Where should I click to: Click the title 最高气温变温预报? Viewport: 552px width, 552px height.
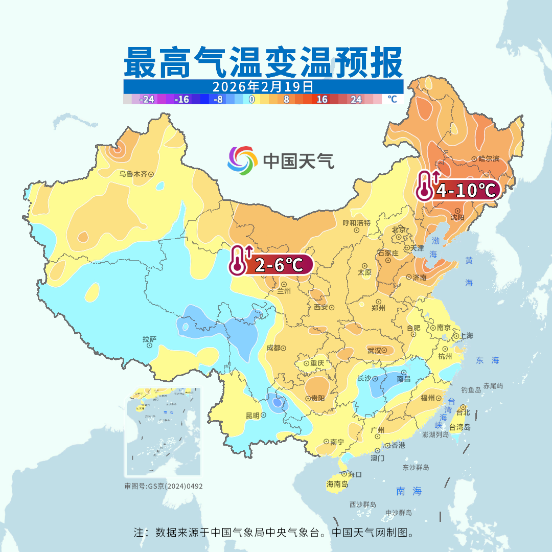(x=263, y=62)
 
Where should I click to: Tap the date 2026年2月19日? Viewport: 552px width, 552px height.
(x=263, y=86)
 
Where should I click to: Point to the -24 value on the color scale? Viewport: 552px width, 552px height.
(x=147, y=100)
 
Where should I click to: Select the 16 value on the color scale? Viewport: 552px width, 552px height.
(x=322, y=100)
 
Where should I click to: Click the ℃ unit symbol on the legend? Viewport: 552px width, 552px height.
(x=392, y=99)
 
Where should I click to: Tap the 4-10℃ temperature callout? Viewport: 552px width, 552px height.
(x=465, y=191)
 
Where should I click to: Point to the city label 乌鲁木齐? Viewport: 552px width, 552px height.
(x=133, y=174)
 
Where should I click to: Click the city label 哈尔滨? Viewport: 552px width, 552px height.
(x=489, y=159)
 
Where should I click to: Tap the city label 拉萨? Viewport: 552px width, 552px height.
(x=149, y=339)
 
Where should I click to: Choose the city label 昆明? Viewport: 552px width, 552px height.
(x=252, y=416)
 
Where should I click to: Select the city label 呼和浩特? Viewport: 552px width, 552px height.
(x=356, y=223)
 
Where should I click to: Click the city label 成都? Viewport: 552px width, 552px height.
(x=273, y=348)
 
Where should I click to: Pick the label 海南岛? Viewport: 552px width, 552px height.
(x=337, y=484)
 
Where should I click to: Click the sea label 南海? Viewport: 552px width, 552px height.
(x=409, y=491)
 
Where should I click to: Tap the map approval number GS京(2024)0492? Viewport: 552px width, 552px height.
(x=164, y=486)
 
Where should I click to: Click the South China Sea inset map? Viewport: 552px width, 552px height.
(x=163, y=432)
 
